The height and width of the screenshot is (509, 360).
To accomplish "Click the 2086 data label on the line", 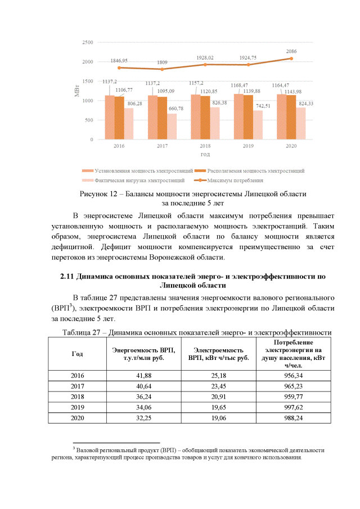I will [291, 51].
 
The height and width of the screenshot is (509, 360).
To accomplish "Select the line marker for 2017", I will [162, 69].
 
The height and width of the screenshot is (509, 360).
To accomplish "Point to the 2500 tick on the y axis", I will [87, 43].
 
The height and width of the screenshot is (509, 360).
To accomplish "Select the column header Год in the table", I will [77, 354].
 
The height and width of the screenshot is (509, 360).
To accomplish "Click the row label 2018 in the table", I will [77, 397].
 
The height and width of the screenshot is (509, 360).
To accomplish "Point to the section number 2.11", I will [67, 277].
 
